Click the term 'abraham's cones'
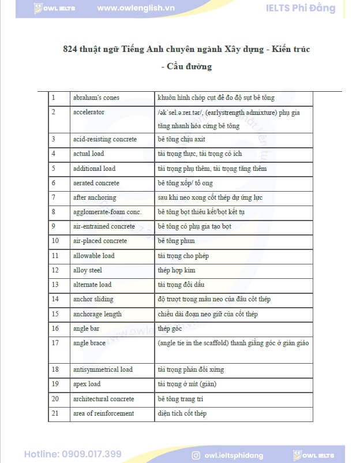[96, 98]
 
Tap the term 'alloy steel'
[88, 270]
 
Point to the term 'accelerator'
[89, 112]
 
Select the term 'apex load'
[87, 384]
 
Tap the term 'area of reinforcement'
[103, 413]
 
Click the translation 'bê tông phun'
[176, 241]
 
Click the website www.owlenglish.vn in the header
[137, 8]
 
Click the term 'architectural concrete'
[104, 399]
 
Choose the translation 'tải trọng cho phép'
[183, 256]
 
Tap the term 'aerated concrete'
[96, 183]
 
